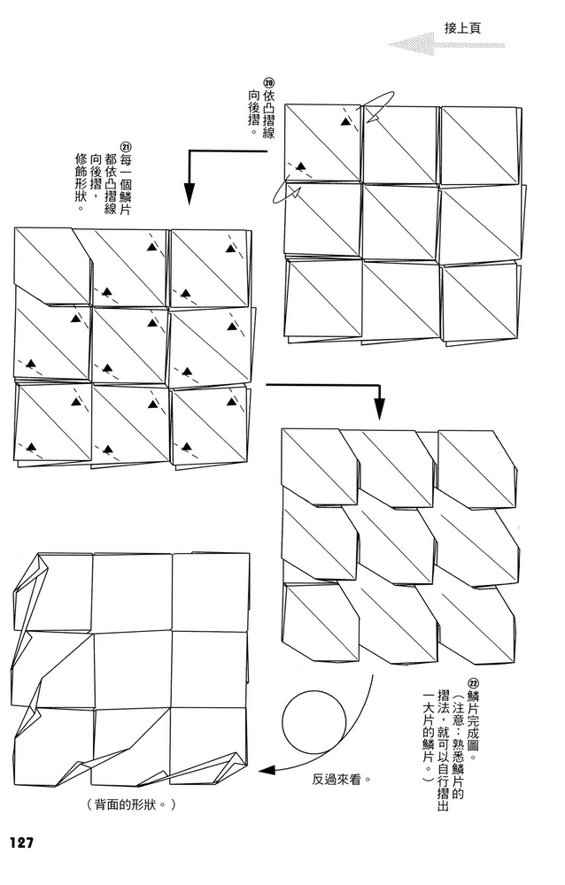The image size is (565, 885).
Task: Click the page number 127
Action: tap(21, 843)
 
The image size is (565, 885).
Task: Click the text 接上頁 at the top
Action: tap(462, 28)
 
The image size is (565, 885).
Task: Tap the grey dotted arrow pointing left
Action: tap(445, 44)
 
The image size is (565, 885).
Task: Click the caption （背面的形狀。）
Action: tap(132, 804)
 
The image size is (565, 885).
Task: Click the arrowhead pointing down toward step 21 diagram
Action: tap(190, 195)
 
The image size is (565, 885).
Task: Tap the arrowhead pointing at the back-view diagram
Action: tap(267, 770)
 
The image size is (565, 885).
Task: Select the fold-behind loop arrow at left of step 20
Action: tap(285, 192)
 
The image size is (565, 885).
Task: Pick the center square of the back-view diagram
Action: tap(132, 670)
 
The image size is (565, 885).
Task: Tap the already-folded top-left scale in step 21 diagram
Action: tap(52, 266)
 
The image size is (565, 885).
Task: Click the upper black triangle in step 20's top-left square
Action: tap(344, 121)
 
